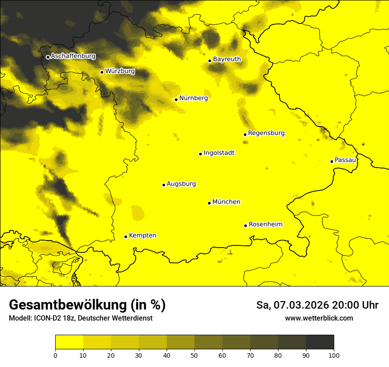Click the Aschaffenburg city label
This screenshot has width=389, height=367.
click(x=73, y=56)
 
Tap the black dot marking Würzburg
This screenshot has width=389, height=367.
click(x=102, y=72)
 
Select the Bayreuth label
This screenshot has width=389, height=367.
click(x=227, y=59)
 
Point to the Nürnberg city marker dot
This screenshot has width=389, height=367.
click(x=176, y=99)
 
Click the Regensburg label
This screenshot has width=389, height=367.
click(x=266, y=133)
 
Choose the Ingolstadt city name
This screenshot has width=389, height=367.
click(x=219, y=153)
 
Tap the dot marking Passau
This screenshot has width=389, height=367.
click(x=332, y=161)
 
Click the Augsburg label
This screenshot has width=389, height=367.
click(x=181, y=184)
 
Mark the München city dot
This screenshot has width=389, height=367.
click(x=209, y=203)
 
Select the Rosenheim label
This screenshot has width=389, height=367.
click(x=265, y=225)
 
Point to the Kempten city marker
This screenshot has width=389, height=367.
click(x=126, y=237)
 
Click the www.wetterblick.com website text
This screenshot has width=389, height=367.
click(x=319, y=318)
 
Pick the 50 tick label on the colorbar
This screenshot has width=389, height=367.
click(x=194, y=355)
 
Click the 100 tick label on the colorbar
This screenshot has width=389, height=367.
click(x=333, y=355)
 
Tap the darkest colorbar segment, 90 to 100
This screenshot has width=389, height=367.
click(x=320, y=342)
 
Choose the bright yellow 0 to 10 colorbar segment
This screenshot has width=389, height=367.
click(x=69, y=342)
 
